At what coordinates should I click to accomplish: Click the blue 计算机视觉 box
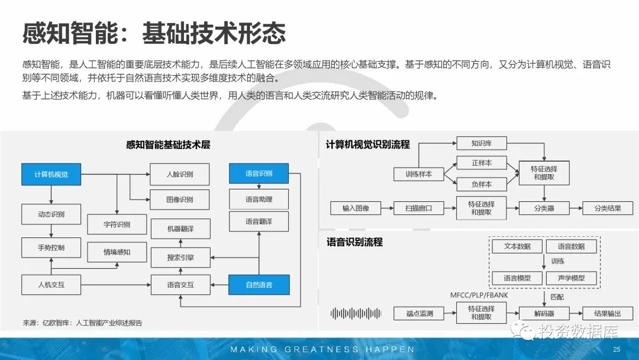pyautogui.click(x=51, y=174)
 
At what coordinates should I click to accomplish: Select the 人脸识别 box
pyautogui.click(x=180, y=174)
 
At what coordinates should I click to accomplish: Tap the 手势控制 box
pyautogui.click(x=51, y=247)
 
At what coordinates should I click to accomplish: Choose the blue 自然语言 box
pyautogui.click(x=259, y=285)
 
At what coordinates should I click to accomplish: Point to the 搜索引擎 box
pyautogui.click(x=180, y=258)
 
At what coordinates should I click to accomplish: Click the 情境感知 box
pyautogui.click(x=117, y=252)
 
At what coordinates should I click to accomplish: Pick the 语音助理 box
pyautogui.click(x=259, y=199)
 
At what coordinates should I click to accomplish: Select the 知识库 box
pyautogui.click(x=482, y=143)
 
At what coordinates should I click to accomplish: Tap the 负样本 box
pyautogui.click(x=482, y=184)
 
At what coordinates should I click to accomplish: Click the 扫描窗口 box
pyautogui.click(x=418, y=208)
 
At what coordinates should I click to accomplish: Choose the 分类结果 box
pyautogui.click(x=608, y=208)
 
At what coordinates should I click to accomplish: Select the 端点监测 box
pyautogui.click(x=419, y=313)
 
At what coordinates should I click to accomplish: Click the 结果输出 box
pyautogui.click(x=608, y=313)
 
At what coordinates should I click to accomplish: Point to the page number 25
pyautogui.click(x=617, y=349)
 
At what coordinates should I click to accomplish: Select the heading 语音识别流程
pyautogui.click(x=354, y=242)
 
